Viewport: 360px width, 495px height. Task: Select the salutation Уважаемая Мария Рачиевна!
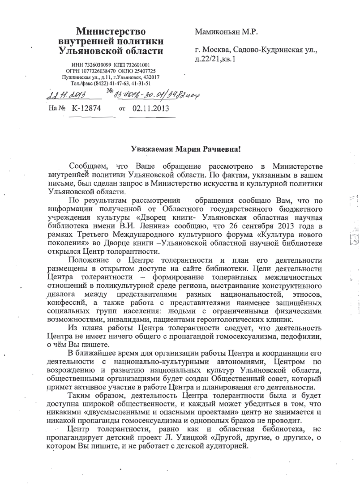(179, 148)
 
